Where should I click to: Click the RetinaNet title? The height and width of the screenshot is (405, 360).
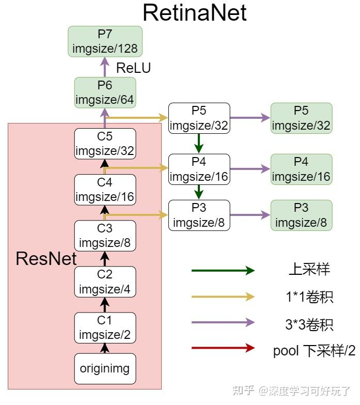pyautogui.click(x=195, y=12)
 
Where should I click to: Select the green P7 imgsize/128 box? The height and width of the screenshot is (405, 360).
pyautogui.click(x=105, y=41)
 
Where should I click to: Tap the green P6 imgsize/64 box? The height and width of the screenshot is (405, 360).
pyautogui.click(x=105, y=92)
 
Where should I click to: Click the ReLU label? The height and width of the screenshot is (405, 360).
pyautogui.click(x=133, y=68)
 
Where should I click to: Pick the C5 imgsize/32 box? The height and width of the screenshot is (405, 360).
pyautogui.click(x=105, y=144)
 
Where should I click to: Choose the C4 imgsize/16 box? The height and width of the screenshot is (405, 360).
pyautogui.click(x=105, y=190)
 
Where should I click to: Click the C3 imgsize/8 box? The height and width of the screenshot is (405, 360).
pyautogui.click(x=105, y=236)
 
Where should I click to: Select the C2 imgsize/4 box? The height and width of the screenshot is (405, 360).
pyautogui.click(x=105, y=282)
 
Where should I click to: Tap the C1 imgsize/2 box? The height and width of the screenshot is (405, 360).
pyautogui.click(x=105, y=328)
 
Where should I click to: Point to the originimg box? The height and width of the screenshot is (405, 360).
pyautogui.click(x=105, y=369)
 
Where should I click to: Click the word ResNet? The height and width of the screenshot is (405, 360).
pyautogui.click(x=46, y=258)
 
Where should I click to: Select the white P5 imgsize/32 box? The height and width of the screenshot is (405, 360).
pyautogui.click(x=199, y=118)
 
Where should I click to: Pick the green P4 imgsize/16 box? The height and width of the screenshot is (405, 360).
pyautogui.click(x=301, y=169)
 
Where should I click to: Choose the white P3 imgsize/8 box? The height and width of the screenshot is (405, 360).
pyautogui.click(x=199, y=215)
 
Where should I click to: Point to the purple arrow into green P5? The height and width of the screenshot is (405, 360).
pyautogui.click(x=250, y=118)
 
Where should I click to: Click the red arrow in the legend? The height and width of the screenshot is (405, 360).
pyautogui.click(x=223, y=348)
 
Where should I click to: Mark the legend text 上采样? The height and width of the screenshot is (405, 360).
pyautogui.click(x=309, y=270)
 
